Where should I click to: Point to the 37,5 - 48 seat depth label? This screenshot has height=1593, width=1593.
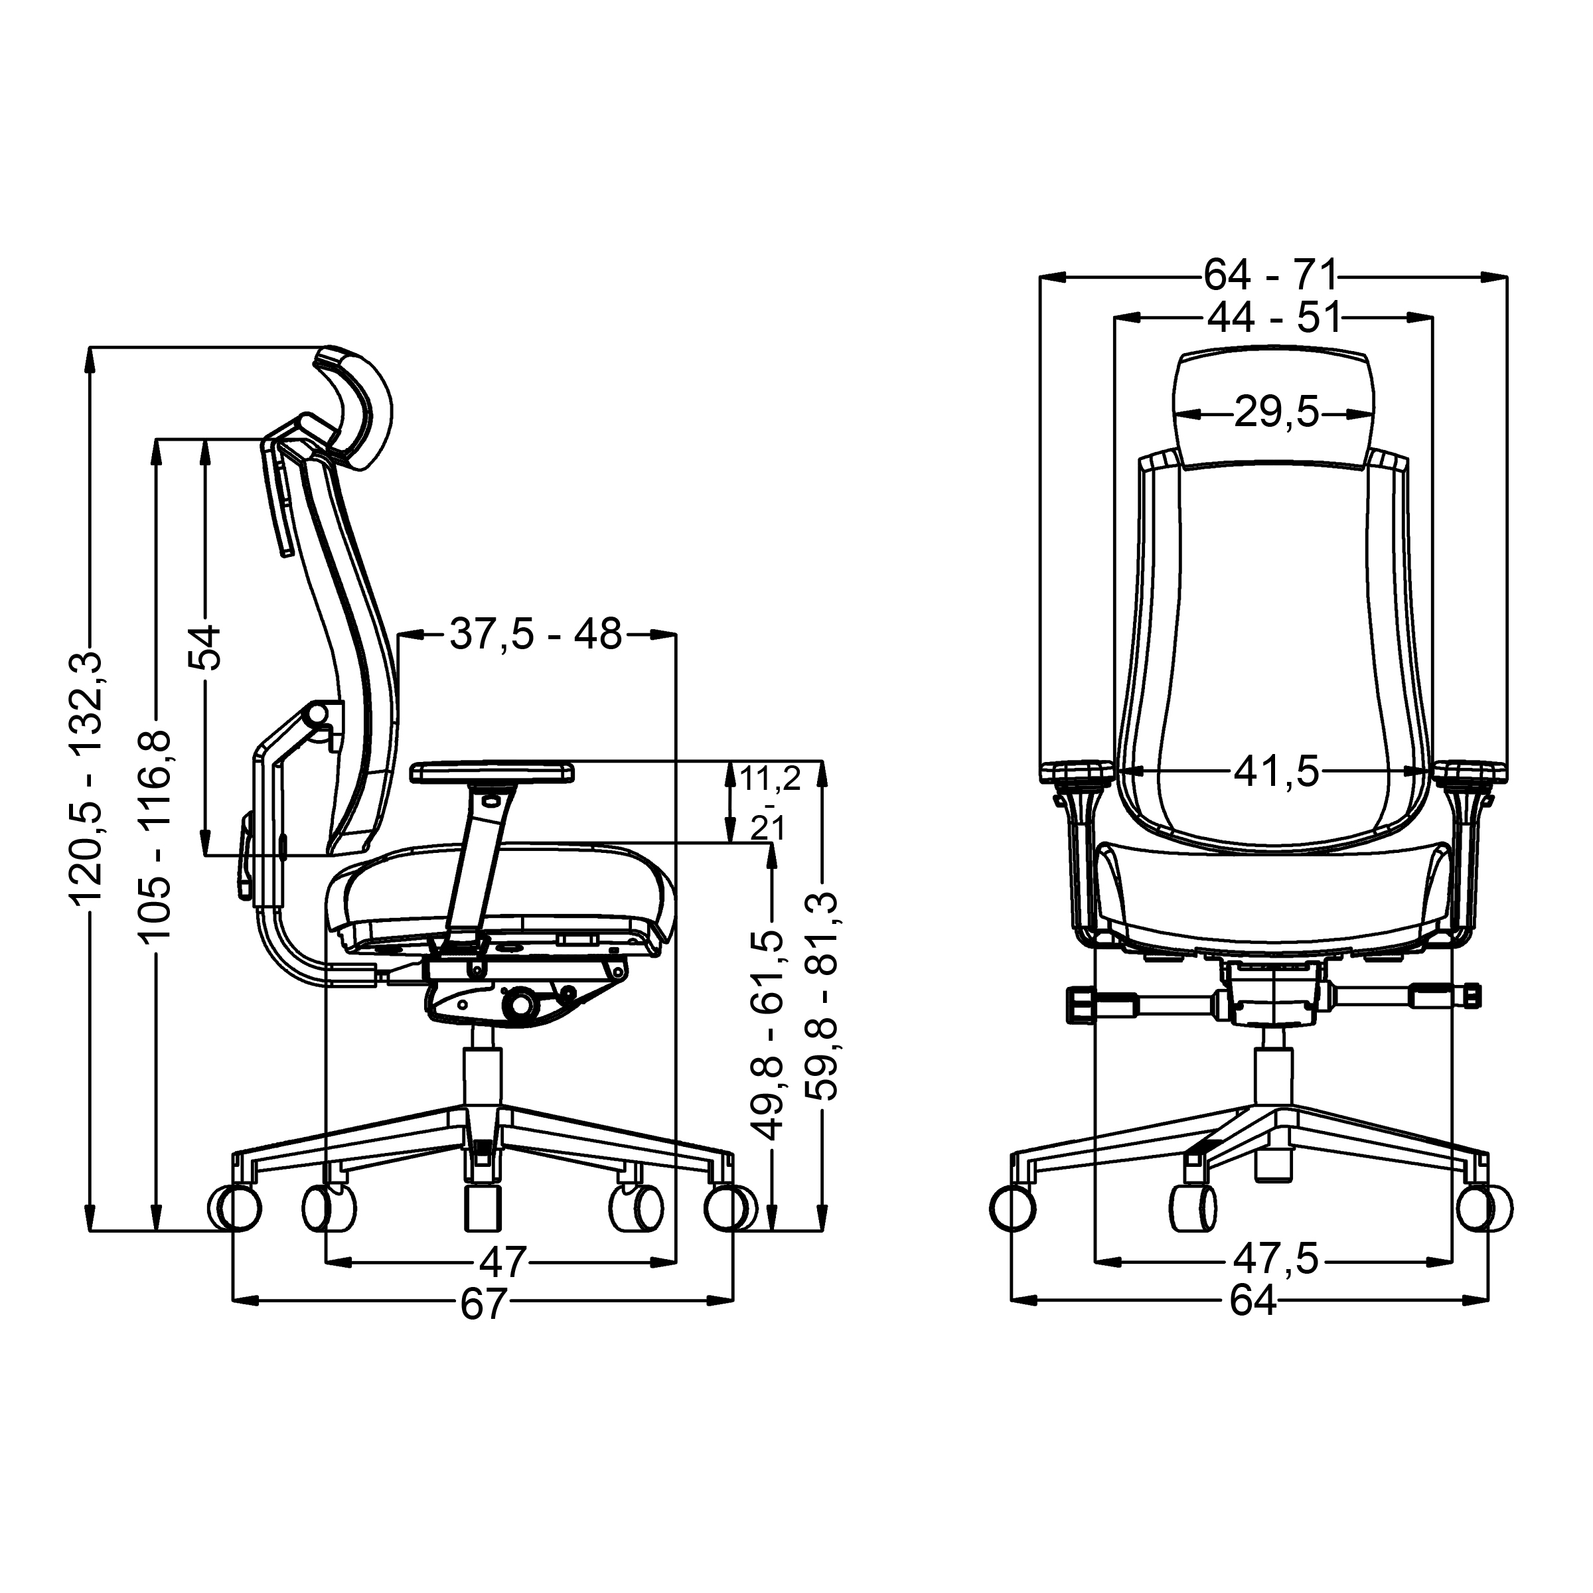[536, 634]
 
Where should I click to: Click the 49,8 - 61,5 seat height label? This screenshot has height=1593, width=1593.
[770, 1035]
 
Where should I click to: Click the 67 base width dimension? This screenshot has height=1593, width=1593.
[483, 1304]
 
